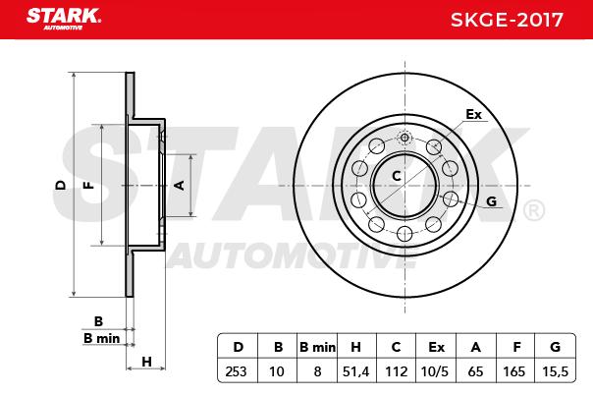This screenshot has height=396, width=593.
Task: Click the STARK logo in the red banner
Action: pos(64,18)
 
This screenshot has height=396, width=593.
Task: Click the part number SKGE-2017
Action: pos(507,20)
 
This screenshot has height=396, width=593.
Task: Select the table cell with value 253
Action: pos(238,371)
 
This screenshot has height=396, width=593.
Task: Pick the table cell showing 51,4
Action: pos(355,371)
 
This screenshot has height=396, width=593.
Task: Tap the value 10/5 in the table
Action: pos(435,371)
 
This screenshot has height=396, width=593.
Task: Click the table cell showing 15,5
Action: pos(555,371)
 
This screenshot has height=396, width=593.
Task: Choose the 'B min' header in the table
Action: pos(317,347)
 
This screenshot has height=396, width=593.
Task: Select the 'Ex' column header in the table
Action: pos(436,347)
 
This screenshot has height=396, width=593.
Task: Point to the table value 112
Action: pos(396,371)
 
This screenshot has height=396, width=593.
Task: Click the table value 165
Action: pos(513,371)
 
